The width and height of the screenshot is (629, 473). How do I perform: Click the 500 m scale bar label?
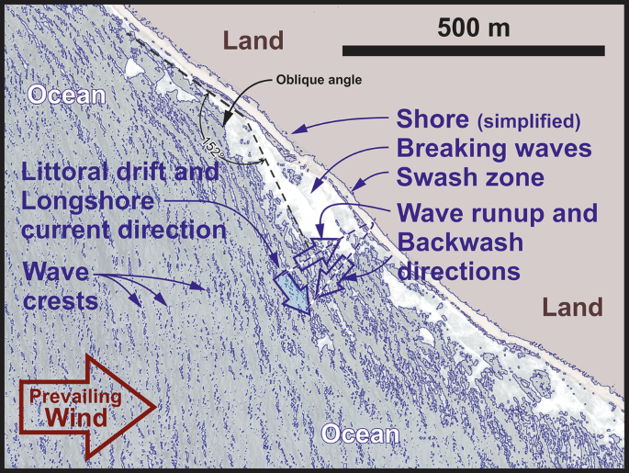coord(473,27)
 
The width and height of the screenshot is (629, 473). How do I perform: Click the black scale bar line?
coord(473,50)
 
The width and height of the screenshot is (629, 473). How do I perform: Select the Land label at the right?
coord(572,307)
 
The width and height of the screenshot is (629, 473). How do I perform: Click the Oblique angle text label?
coord(319,80)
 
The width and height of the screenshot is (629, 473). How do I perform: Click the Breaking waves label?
coord(493,148)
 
